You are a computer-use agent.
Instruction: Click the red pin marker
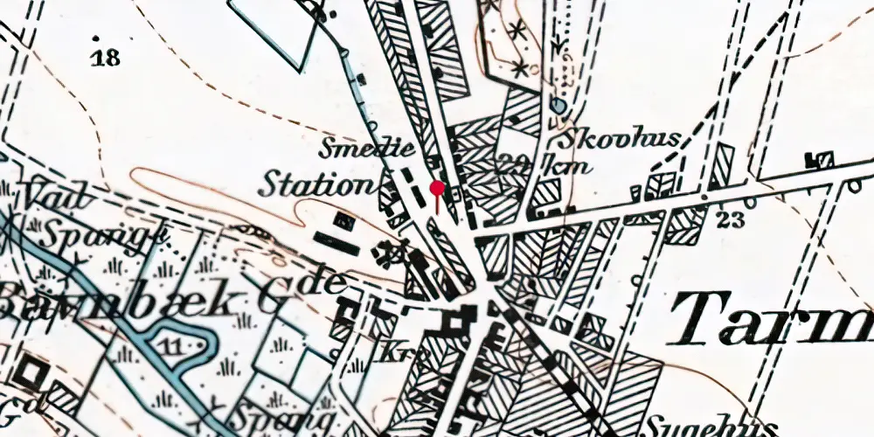coord(438,188)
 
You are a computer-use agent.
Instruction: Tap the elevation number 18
coord(107,59)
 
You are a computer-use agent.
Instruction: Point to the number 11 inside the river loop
coord(174,348)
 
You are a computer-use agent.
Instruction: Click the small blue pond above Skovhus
coord(558,107)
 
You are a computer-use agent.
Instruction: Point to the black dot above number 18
coord(95,39)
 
